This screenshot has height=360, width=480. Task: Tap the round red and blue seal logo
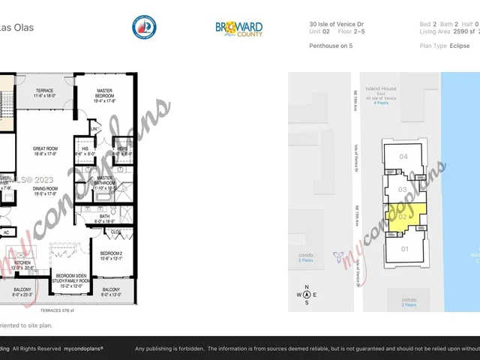coord(144,28)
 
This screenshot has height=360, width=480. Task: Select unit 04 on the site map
coord(403,157)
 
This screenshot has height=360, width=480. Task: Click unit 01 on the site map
coord(405,248)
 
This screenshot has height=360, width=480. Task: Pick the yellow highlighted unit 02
coord(403,217)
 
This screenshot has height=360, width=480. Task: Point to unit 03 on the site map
coord(403,190)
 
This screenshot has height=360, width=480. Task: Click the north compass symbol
coord(306,294)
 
